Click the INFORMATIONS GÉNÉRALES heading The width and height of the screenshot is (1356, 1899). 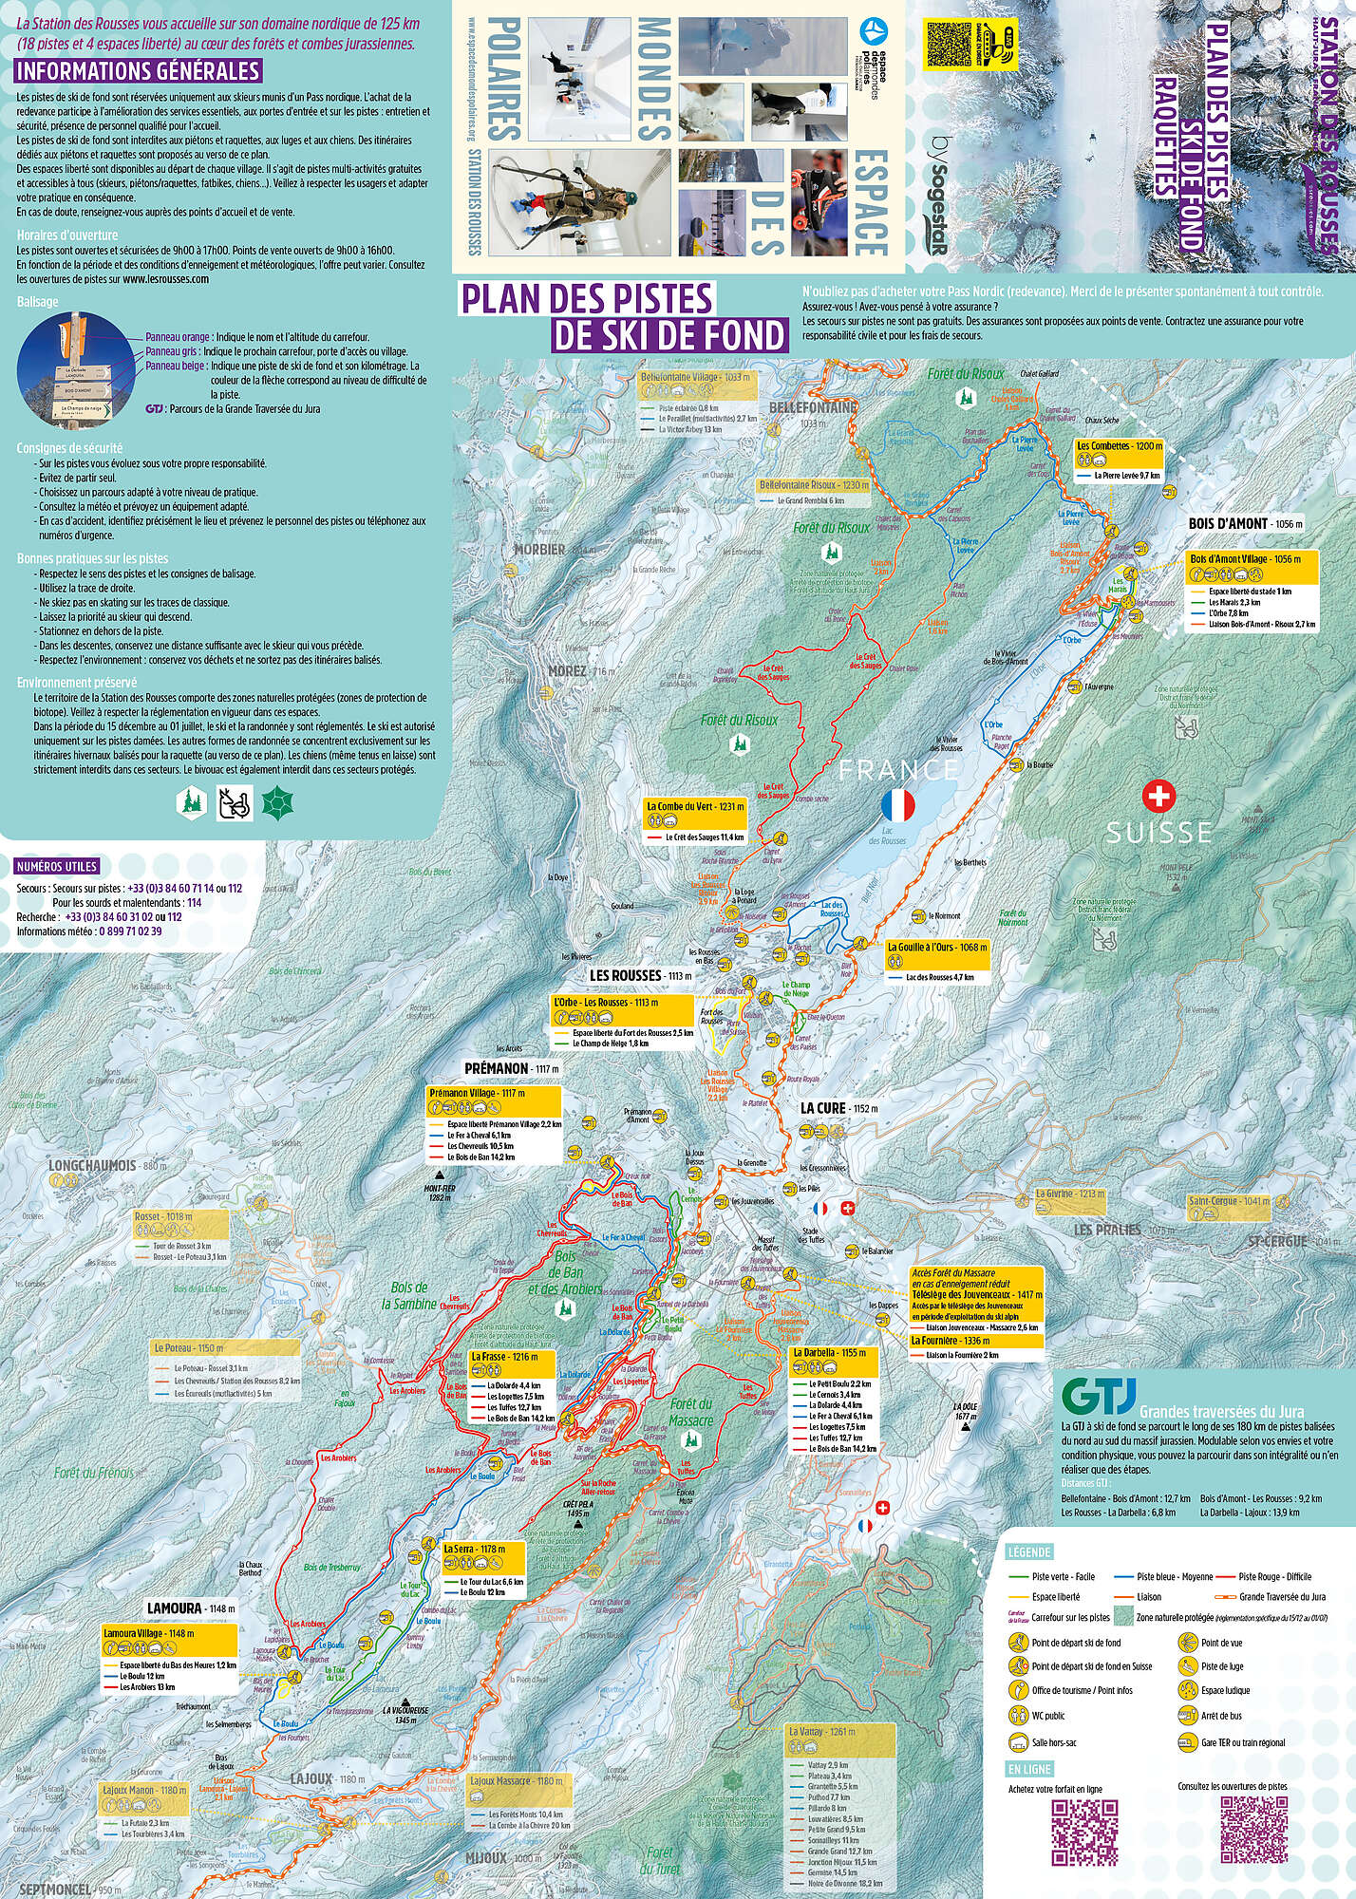[138, 71]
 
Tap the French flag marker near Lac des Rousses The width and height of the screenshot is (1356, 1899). [897, 805]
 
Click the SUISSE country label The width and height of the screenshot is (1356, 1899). [1158, 833]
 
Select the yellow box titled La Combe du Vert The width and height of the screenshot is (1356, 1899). [695, 806]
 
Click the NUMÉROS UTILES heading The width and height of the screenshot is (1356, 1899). [57, 867]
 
